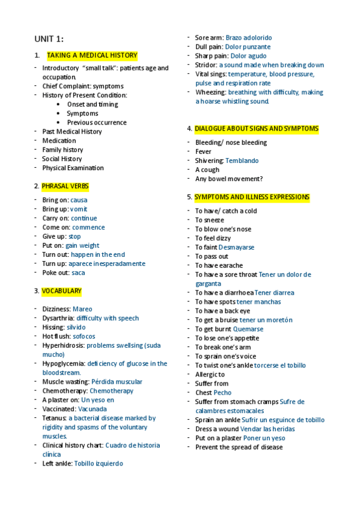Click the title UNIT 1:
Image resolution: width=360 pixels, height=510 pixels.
point(49,39)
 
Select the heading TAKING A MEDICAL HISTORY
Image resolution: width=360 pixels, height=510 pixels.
point(92,55)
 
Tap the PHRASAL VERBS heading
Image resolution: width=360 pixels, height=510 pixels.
point(65,186)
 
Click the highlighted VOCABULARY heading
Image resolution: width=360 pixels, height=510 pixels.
point(61,291)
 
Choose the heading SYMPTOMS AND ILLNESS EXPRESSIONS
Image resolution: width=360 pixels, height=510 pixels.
point(252,197)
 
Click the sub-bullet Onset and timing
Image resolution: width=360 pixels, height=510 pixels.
point(93,105)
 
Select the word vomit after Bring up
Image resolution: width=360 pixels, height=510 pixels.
point(79,209)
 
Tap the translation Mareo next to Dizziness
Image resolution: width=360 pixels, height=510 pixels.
point(82,309)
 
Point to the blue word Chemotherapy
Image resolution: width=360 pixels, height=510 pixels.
point(111,391)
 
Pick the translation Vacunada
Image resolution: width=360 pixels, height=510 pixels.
point(93,409)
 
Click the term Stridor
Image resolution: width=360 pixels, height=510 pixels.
point(206,65)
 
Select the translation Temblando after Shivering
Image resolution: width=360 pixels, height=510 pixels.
point(242,161)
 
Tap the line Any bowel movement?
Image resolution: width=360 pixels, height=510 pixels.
point(229,179)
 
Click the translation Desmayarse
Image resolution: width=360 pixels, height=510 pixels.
point(236,247)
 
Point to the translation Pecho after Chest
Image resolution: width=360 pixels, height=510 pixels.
point(222,393)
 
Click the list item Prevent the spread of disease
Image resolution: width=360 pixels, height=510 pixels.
point(239,447)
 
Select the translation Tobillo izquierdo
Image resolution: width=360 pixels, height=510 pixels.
point(99,464)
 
